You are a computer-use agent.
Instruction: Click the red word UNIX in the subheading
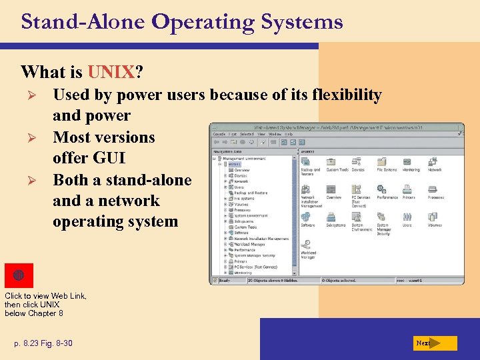(109, 71)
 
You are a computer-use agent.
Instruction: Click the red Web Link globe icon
(19, 275)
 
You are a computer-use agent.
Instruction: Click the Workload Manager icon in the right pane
(308, 246)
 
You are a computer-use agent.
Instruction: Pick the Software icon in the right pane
(307, 217)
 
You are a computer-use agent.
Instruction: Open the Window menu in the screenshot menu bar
(274, 134)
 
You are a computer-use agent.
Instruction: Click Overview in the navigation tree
(241, 169)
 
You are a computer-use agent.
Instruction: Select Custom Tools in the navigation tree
(245, 227)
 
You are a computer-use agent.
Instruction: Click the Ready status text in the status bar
(225, 281)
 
